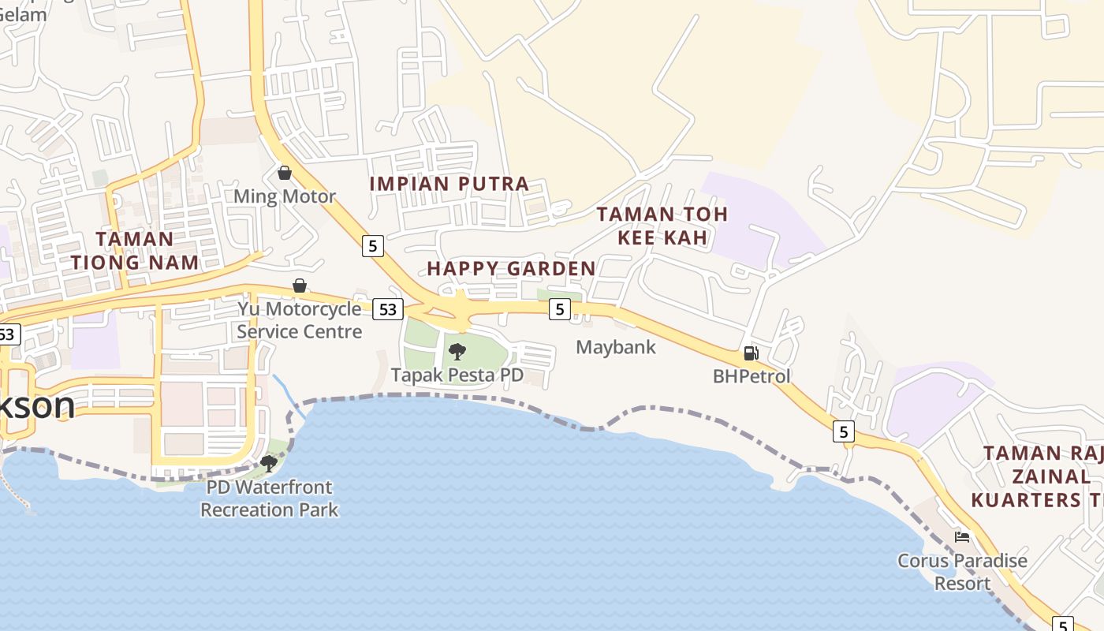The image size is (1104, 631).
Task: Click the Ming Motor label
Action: (285, 196)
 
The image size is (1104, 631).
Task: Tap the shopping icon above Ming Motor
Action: (285, 173)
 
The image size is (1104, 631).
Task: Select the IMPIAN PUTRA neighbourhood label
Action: (449, 184)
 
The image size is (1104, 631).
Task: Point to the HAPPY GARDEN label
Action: (511, 268)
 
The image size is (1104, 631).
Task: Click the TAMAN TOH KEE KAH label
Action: (662, 226)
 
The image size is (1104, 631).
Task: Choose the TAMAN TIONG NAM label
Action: (135, 250)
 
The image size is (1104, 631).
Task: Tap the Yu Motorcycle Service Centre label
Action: (300, 320)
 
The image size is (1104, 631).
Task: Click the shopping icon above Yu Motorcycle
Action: (300, 286)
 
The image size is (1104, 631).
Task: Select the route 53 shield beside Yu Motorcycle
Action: (387, 309)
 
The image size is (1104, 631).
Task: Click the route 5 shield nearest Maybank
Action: (559, 309)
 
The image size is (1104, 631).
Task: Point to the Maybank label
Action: (616, 347)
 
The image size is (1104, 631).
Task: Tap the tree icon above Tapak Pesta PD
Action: (457, 352)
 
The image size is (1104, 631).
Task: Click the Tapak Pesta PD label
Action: (457, 375)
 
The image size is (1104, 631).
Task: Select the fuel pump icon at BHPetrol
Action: (751, 353)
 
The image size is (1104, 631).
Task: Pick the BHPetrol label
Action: (752, 376)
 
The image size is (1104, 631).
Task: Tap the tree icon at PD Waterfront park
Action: (269, 463)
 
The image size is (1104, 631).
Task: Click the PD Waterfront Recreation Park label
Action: (269, 498)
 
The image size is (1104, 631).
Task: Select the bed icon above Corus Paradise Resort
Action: (962, 538)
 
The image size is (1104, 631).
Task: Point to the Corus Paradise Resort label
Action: (962, 573)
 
